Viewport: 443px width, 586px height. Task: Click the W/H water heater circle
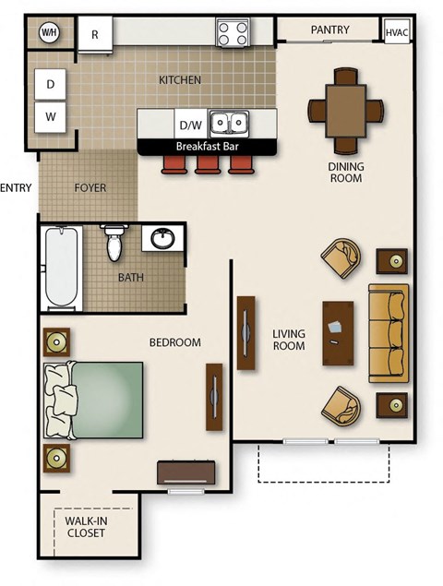[x=48, y=33]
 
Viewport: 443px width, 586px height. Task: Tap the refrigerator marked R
[x=94, y=34]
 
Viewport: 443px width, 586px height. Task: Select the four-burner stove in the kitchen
[x=233, y=33]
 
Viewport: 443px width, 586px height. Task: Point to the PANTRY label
[x=329, y=30]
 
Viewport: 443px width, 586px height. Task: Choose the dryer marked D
[x=51, y=85]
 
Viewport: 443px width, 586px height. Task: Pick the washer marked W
[x=51, y=117]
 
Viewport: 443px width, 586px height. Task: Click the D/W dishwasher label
[x=190, y=124]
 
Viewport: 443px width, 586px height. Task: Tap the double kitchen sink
[x=228, y=123]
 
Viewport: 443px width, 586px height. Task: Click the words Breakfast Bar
[x=207, y=147]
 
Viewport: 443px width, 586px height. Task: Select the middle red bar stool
[x=208, y=164]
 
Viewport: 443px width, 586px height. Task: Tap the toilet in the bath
[x=114, y=242]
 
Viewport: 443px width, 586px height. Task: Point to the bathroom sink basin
[x=162, y=239]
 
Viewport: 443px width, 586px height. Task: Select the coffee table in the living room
[x=337, y=333]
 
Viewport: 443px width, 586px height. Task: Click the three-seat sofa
[x=388, y=332]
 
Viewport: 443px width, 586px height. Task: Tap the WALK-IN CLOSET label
[x=86, y=527]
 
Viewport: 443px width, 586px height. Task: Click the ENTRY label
[x=16, y=188]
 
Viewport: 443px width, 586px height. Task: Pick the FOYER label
[x=90, y=188]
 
